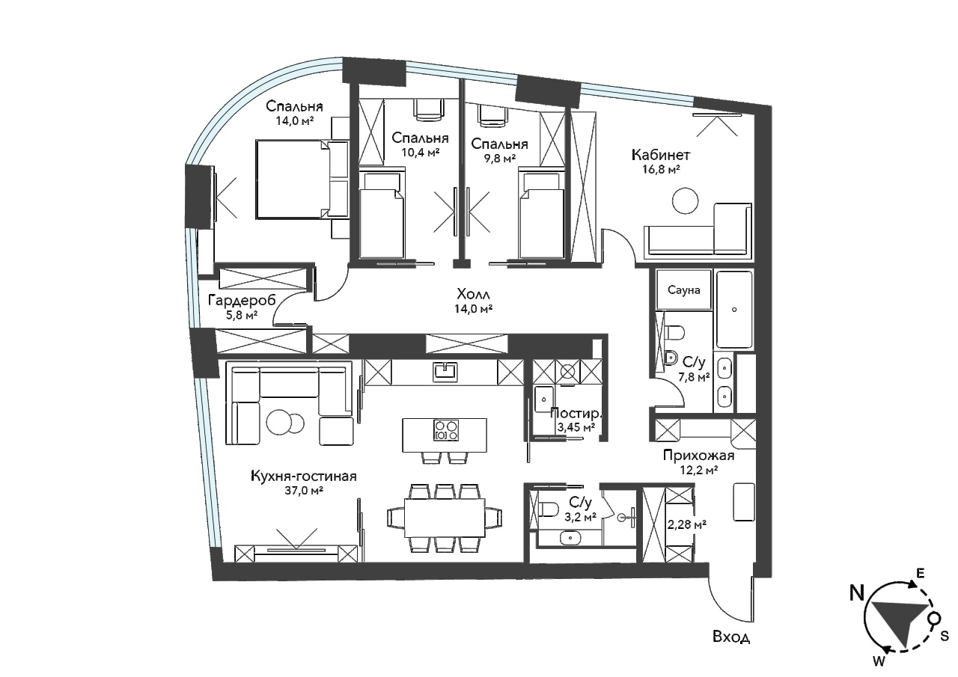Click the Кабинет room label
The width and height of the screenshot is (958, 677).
pos(661,155)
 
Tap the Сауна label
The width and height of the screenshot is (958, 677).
pos(684,290)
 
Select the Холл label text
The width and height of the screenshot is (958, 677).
pos(473,294)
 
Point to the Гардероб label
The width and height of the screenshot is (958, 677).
pos(242,301)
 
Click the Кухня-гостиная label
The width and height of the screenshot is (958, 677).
pos(304,476)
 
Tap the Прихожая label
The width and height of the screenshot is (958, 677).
pos(698,456)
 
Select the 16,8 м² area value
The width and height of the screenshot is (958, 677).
pos(661,170)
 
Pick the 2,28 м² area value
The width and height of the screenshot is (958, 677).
pos(686,524)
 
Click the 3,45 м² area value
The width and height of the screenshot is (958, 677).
pos(576,427)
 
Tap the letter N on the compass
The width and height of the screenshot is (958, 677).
pos(857,594)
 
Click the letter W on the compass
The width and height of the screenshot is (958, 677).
pos(879,661)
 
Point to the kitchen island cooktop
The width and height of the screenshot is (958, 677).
pos(446,430)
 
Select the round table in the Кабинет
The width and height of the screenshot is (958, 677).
pos(685,200)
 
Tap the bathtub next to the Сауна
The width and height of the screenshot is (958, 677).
pos(734,310)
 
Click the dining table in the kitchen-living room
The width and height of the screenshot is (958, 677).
pos(445,518)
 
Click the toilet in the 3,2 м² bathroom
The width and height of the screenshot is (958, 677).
pos(549,509)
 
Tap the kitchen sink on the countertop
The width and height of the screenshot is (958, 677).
pos(445,371)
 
